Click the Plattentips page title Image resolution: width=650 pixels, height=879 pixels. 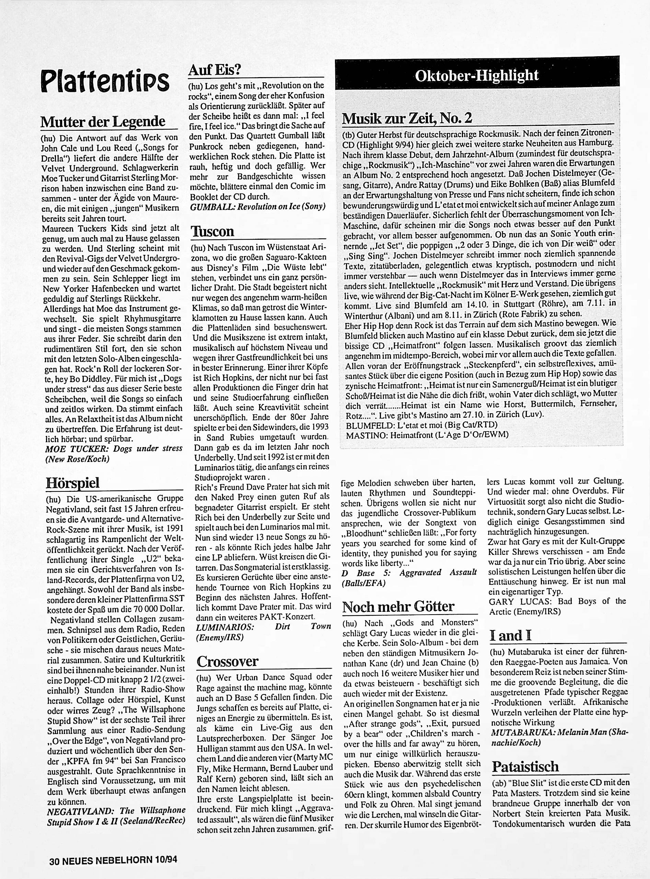coord(105,81)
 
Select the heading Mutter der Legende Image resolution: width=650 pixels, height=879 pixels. coord(103,121)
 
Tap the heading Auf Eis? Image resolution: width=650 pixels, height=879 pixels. coord(214,70)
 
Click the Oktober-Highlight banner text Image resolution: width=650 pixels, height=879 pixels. coord(476,75)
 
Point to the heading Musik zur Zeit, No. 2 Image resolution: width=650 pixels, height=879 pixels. coord(407,118)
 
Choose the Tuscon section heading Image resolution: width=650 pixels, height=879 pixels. coord(212,231)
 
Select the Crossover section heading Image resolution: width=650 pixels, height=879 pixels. coord(228,661)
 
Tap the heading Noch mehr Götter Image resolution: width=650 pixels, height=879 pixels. coord(398,607)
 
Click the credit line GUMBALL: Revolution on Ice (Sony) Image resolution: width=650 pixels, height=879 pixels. coord(258,207)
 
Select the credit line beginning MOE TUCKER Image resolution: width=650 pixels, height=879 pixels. coord(114,453)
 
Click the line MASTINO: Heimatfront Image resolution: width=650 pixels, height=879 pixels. coord(427,435)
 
